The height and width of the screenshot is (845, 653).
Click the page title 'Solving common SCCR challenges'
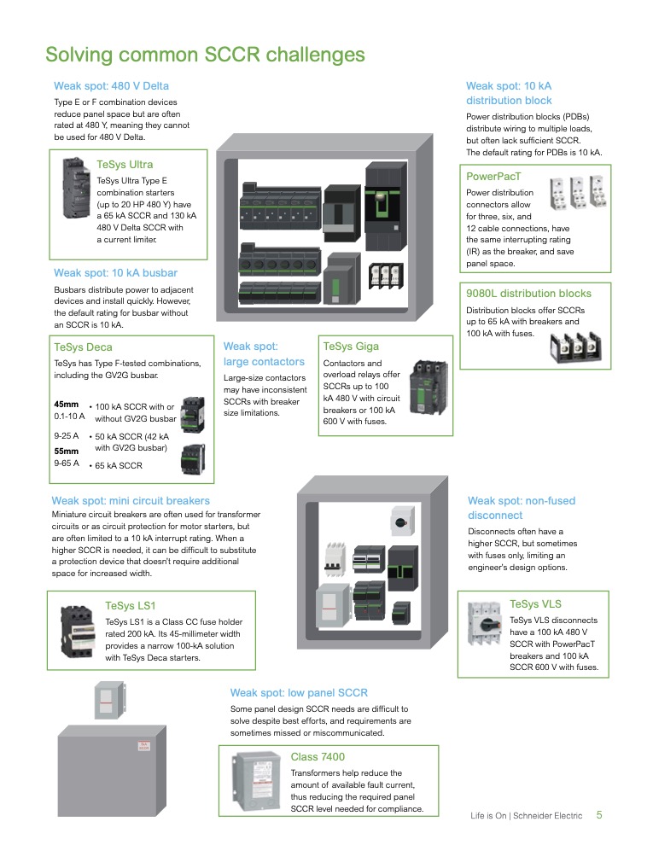[x=205, y=55]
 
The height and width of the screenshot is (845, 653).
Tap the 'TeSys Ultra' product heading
[x=125, y=164]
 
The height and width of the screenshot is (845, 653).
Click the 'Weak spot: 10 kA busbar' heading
[x=115, y=273]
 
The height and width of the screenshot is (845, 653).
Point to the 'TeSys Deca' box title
[x=83, y=347]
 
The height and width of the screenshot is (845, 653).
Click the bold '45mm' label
[x=66, y=404]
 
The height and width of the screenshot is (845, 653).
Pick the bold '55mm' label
[x=66, y=450]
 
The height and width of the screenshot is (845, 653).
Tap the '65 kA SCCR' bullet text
[x=119, y=466]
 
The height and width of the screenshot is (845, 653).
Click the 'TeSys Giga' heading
[x=351, y=347]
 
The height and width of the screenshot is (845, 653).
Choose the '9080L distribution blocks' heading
[x=528, y=294]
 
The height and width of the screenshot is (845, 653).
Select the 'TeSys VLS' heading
[x=535, y=604]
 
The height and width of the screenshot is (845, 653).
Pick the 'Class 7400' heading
[x=318, y=757]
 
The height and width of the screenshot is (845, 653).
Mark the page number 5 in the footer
[x=599, y=815]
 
